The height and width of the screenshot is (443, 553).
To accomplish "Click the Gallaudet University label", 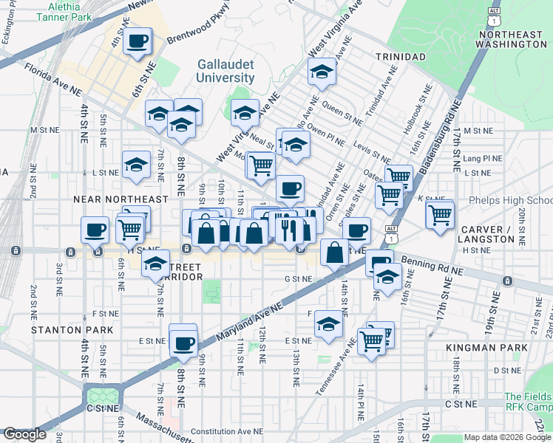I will [x=225, y=71].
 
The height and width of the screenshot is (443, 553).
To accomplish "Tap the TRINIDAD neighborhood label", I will [x=400, y=57].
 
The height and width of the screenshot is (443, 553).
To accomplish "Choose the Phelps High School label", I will [x=510, y=201].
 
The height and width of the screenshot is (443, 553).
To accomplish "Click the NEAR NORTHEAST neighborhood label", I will [x=121, y=199].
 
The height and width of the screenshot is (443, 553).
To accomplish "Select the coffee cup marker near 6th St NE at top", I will [x=137, y=41].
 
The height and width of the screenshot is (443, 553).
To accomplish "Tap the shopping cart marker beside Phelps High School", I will [x=440, y=216].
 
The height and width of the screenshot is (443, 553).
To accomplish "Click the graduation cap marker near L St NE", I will [x=136, y=167].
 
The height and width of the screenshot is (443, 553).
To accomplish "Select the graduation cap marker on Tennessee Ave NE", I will [x=328, y=324].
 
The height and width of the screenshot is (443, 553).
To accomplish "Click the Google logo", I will [x=24, y=434].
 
